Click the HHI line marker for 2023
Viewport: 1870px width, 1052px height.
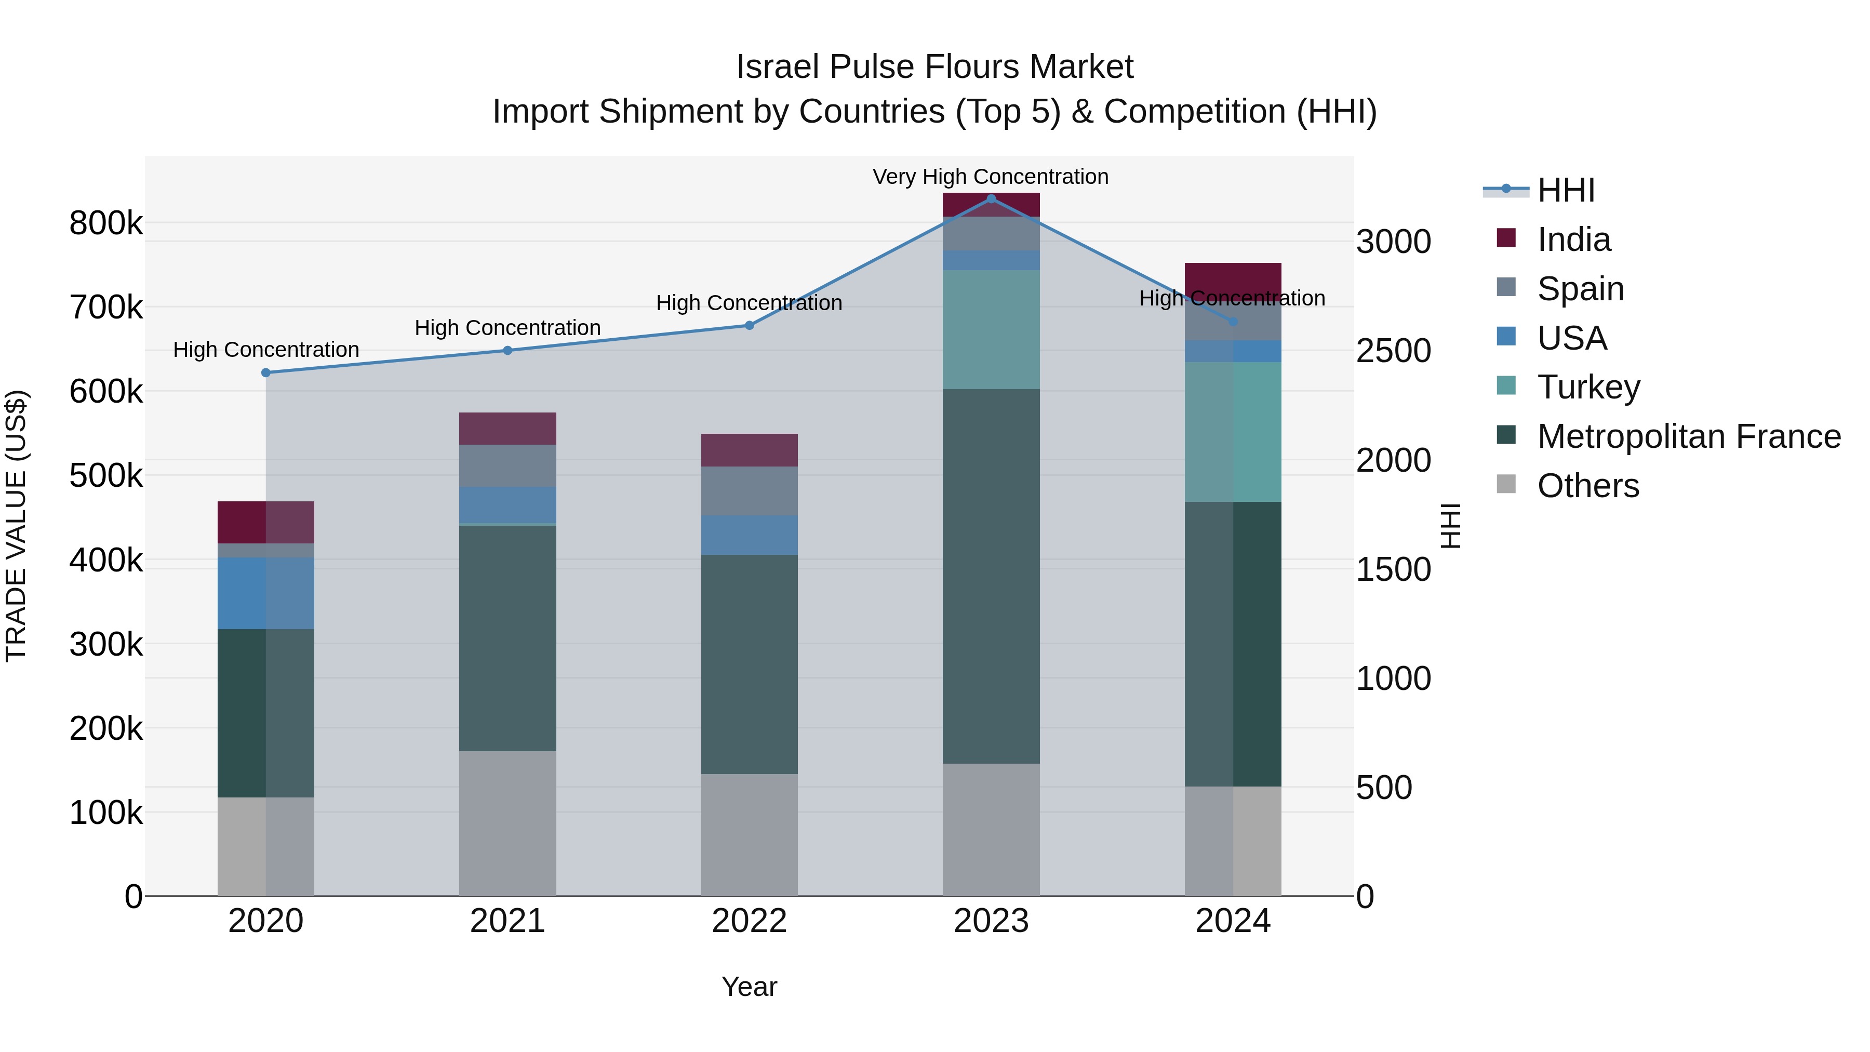991,198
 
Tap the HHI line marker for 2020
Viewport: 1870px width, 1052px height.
265,372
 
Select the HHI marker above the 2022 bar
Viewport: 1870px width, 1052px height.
749,325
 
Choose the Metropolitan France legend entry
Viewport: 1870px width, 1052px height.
1689,436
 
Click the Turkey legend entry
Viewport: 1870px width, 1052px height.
1588,387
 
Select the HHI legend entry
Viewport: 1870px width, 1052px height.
1565,190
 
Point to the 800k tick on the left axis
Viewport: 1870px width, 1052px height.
106,223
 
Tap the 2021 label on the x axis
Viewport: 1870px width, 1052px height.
507,921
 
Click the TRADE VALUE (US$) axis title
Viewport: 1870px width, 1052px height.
16,526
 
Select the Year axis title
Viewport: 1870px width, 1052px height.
749,987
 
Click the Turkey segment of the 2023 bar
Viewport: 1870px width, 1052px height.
991,329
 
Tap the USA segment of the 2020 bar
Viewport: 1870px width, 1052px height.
265,593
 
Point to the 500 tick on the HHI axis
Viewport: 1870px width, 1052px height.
1384,788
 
